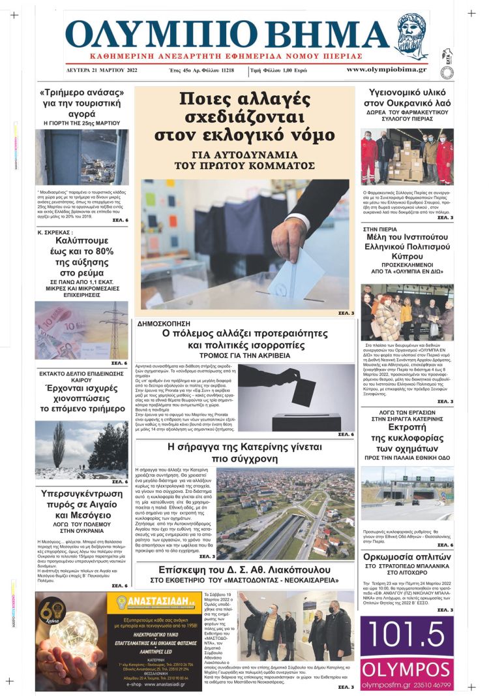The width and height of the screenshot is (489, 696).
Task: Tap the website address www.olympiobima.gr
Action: [386, 69]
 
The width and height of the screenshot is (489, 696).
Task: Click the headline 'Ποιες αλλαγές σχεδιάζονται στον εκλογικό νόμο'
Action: [244, 116]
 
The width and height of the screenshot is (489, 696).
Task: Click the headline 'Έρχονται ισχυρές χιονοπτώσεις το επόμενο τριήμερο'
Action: [81, 400]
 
